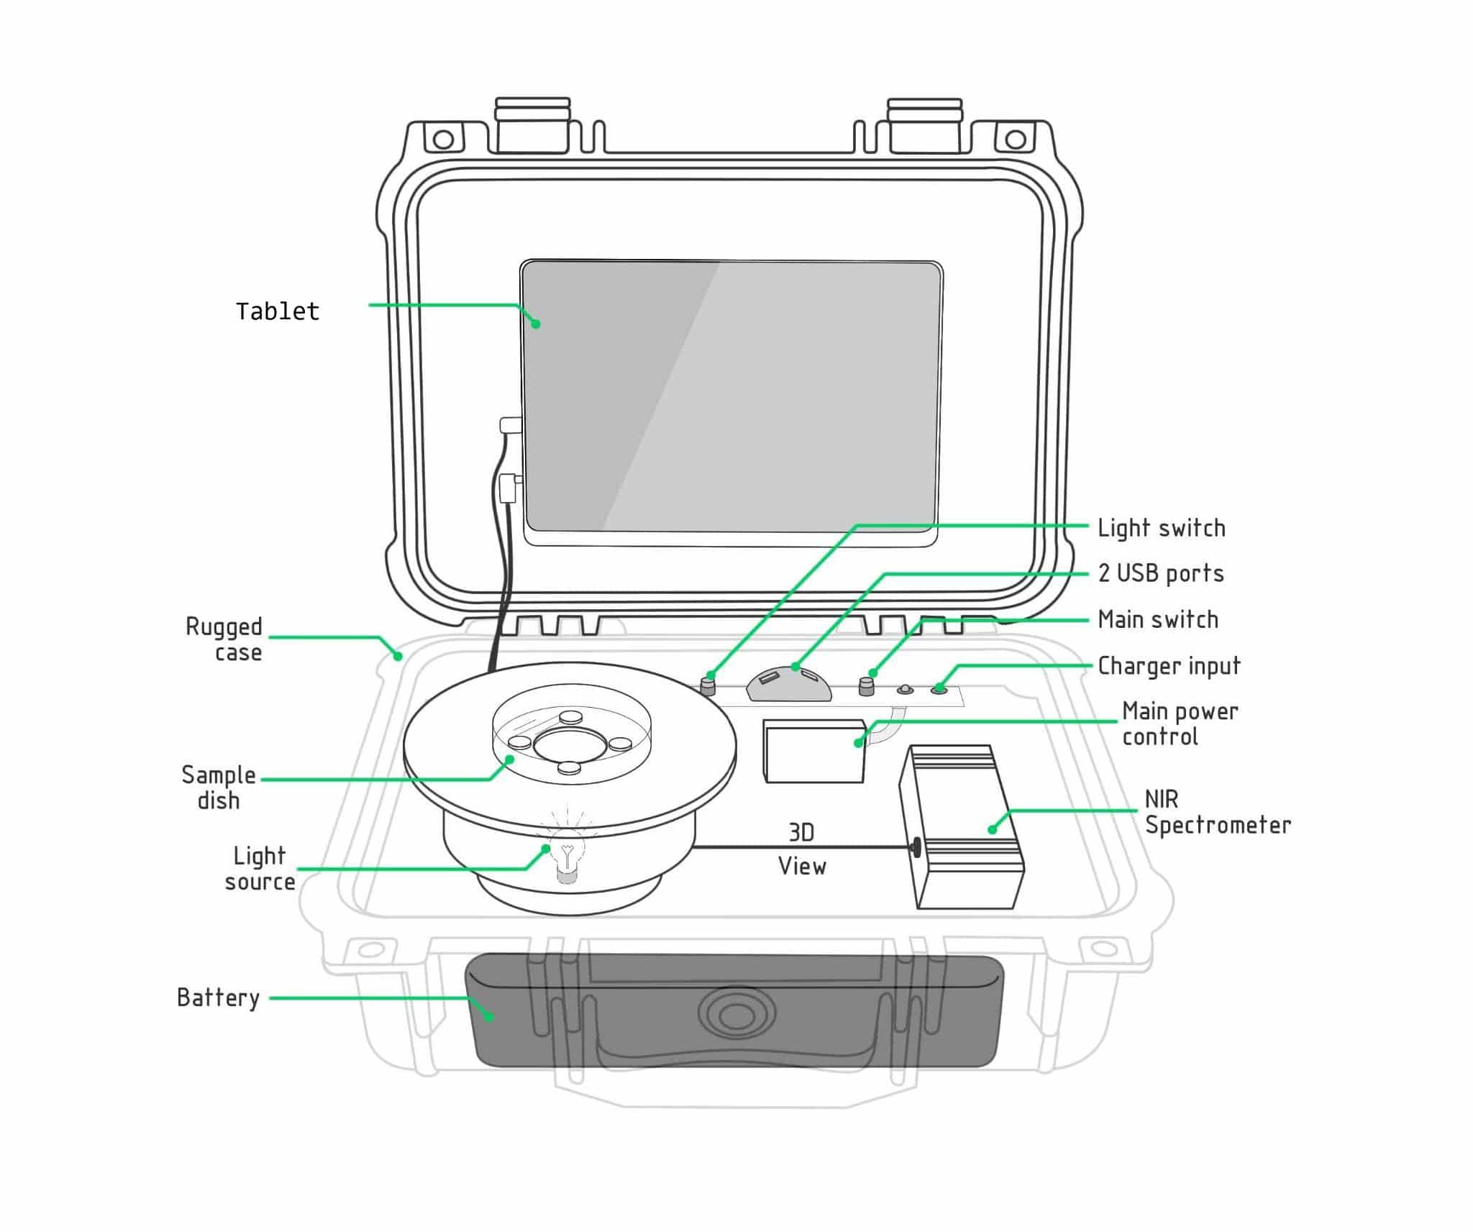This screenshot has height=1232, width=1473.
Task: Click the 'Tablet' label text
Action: pos(278,311)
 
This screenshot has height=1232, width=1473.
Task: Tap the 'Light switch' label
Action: pos(1161,528)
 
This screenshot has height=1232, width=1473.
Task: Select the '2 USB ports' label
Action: pos(1161,573)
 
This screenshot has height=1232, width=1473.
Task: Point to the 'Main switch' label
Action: pos(1158,619)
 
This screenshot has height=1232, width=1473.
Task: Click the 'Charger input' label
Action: pos(1169,666)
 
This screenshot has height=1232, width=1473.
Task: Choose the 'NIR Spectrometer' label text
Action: pos(1217,812)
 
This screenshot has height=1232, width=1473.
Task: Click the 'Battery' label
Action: pos(218,998)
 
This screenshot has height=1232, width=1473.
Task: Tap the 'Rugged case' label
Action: pos(224,639)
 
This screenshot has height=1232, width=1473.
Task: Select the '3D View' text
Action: pos(802,849)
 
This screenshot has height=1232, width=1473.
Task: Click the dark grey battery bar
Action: pos(734,1010)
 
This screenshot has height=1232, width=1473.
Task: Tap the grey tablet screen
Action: pos(731,396)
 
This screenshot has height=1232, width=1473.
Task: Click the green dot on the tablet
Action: pos(536,324)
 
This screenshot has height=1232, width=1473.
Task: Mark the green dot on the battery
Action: pos(489,1016)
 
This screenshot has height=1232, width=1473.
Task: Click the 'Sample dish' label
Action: pos(219,788)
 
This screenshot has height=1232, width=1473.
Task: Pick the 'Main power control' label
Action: pos(1180,724)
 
